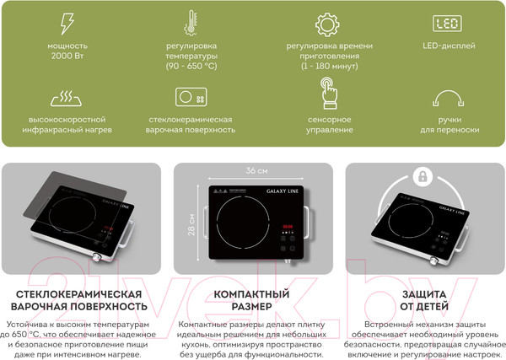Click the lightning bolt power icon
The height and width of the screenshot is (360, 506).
coord(67,24)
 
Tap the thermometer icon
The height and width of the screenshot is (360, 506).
coord(191,22)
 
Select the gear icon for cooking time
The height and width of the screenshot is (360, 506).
coord(327,24)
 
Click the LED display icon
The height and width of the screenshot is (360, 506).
coord(447,24)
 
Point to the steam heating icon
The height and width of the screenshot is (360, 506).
coord(66,99)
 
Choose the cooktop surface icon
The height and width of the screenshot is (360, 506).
coord(191,97)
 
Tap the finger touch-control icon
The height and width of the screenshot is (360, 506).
coord(329,93)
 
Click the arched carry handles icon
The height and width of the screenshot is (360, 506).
coord(449,98)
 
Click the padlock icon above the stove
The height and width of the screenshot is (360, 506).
coord(423,176)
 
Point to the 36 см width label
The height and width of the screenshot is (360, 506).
coord(256,170)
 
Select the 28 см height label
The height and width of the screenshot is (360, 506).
coord(191,224)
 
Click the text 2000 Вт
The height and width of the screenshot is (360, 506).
coord(67,56)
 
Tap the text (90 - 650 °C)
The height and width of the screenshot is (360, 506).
coord(191,66)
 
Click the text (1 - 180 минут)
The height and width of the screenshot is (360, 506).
coord(330,66)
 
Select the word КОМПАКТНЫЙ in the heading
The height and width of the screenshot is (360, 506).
coord(251,294)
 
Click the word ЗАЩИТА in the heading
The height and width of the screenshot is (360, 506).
coord(424,294)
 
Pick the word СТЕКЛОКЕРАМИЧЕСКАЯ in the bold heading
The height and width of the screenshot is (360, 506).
coord(79,294)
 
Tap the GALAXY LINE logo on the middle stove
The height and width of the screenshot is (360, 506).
coord(283,191)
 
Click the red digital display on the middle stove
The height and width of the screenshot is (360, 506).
coord(288,227)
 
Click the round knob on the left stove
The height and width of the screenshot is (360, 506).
coord(97,257)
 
